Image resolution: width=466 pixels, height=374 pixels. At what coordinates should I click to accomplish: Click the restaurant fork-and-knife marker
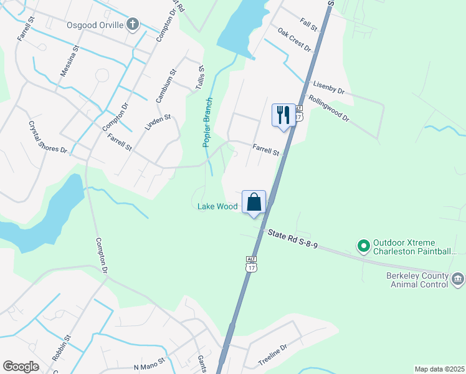coord(283,115)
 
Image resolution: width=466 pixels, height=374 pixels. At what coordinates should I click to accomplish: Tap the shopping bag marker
coord(254,202)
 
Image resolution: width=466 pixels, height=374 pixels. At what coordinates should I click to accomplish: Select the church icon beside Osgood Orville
coord(132,25)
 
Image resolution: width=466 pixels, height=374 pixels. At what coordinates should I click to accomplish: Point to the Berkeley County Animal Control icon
coord(458,278)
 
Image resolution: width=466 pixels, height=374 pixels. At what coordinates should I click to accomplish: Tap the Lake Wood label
coord(217,206)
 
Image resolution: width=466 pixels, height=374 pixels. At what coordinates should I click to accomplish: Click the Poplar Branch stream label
coord(207,123)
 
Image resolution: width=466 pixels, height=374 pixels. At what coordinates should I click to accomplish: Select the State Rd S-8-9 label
coord(293,240)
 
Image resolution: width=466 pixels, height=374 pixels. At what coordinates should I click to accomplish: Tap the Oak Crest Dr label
coord(294,39)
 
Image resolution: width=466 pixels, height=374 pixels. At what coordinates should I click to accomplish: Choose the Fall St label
coord(308,26)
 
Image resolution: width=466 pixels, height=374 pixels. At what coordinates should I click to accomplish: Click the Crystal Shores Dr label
coord(47,137)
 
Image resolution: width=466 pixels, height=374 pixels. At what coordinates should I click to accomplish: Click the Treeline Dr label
coord(273,356)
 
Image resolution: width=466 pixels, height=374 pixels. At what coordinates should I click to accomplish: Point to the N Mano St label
coord(149,362)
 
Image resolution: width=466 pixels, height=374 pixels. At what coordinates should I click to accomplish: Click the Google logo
coord(21,366)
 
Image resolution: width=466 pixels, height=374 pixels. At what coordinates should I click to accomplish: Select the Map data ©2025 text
coord(439,369)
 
